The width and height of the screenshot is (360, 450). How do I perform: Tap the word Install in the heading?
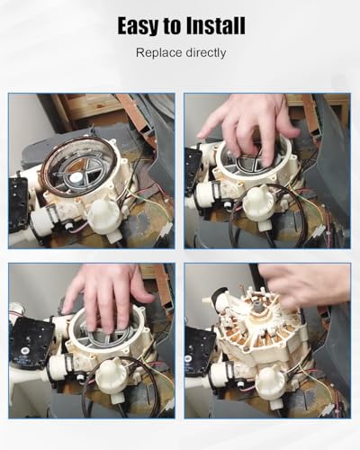point(215,25)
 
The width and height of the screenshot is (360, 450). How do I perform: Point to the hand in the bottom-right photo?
point(304,285)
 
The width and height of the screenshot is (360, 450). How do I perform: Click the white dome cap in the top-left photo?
point(104,214)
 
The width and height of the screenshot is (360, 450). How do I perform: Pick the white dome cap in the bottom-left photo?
point(111,375)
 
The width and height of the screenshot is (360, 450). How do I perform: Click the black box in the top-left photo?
point(17,203)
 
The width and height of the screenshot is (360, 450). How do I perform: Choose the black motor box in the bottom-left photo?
point(31,342)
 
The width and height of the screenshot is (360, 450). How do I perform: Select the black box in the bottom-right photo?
point(199,350)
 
